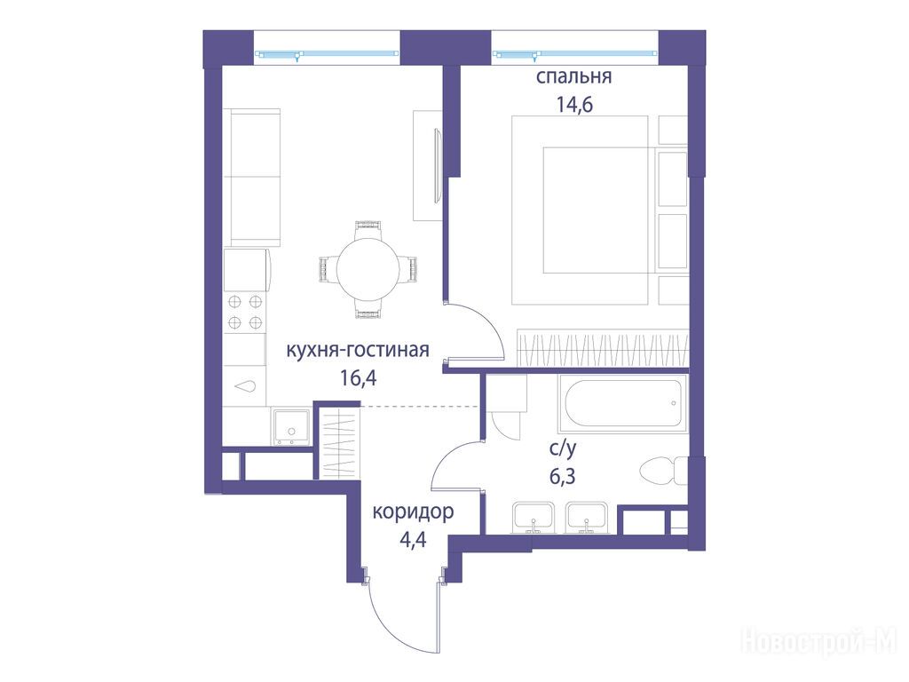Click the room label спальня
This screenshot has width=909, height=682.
(573, 77)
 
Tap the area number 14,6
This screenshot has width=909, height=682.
(574, 105)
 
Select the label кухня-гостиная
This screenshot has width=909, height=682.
(358, 350)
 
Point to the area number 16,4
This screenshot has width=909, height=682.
(359, 378)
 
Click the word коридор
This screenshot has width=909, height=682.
(413, 512)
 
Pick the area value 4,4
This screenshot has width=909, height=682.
(413, 540)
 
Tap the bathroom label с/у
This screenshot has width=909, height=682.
(563, 448)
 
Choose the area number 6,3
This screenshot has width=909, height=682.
(562, 476)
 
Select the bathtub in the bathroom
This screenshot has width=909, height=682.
(623, 403)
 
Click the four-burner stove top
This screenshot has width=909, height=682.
(245, 312)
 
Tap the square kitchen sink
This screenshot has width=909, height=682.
(292, 427)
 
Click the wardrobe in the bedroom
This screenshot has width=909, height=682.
(603, 348)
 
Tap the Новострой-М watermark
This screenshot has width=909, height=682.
(819, 642)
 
